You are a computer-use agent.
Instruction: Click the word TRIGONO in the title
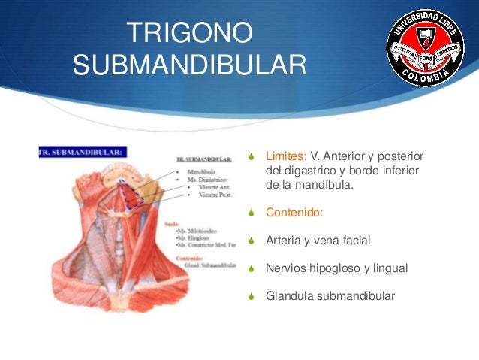point(189,35)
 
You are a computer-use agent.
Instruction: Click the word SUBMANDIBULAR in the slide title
point(189,65)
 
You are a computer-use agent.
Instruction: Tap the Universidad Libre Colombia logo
point(425,49)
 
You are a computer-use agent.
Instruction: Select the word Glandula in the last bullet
point(289,295)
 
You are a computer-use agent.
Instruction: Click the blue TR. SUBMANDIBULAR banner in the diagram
point(82,151)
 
